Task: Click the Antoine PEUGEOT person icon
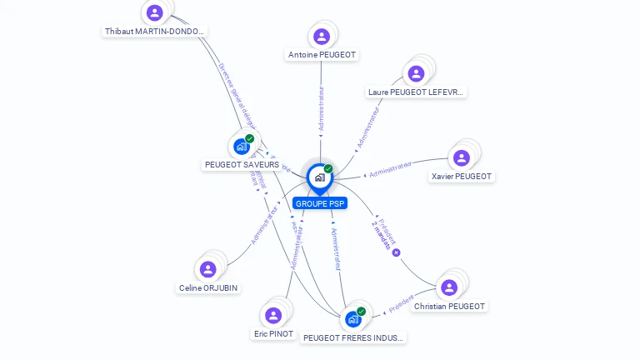(322, 37)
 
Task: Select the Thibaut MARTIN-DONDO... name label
(154, 32)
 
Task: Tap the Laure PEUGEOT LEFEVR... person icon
(415, 73)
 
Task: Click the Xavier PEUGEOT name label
(462, 177)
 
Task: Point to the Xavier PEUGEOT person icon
(462, 157)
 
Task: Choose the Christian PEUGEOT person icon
(449, 287)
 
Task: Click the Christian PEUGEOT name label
(449, 307)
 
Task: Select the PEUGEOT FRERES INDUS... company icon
(353, 319)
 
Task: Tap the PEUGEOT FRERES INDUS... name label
(353, 338)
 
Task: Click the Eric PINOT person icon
(273, 315)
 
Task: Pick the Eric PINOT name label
(273, 334)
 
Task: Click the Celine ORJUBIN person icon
(208, 269)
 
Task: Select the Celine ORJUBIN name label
(208, 288)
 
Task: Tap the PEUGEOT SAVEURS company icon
(242, 147)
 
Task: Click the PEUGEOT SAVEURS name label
(242, 165)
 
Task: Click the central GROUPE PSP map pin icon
(319, 177)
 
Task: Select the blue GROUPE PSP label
(320, 203)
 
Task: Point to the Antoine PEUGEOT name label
(322, 55)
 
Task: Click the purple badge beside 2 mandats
(396, 252)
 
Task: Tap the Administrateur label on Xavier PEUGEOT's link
(390, 170)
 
